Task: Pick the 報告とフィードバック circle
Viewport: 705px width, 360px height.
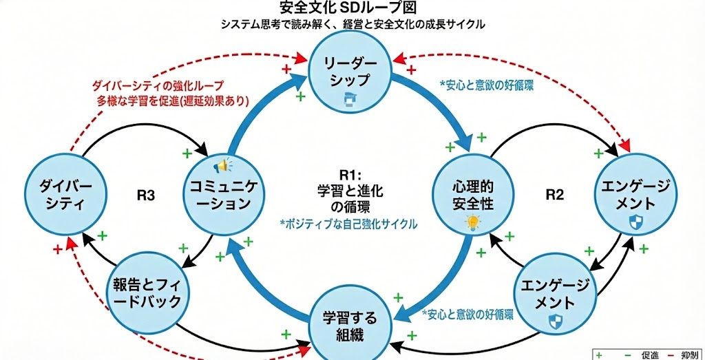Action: tap(145, 292)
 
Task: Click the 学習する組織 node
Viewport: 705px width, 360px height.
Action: tap(350, 324)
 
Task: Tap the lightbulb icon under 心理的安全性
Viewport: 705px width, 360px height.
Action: tap(473, 222)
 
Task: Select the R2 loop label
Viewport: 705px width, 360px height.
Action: tap(555, 195)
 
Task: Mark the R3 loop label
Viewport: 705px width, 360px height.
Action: tap(145, 195)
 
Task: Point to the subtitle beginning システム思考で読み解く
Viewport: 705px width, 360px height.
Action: tap(352, 25)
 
